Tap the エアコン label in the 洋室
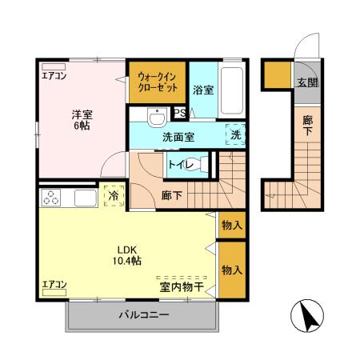point(54,76)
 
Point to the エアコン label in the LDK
point(54,284)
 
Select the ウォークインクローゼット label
point(158,81)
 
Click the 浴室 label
point(203,90)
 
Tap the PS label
point(180,113)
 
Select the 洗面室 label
point(178,137)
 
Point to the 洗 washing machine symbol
point(235,136)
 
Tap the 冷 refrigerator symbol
point(114,195)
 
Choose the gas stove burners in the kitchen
point(51,197)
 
